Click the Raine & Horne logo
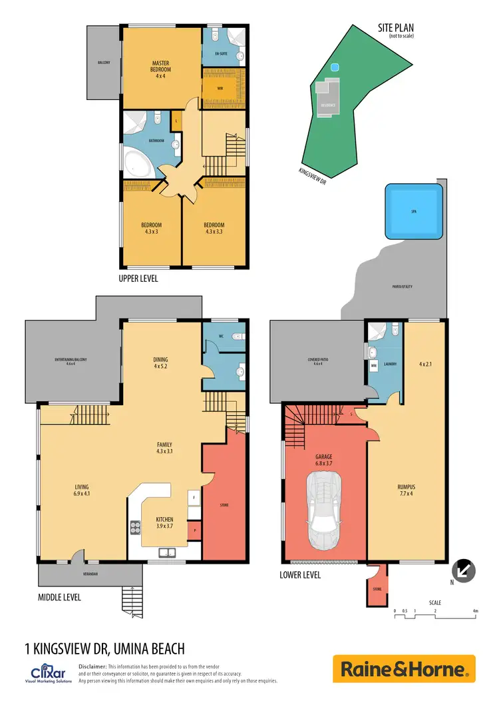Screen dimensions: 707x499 coord(404,669)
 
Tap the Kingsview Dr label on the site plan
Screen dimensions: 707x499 coord(313,175)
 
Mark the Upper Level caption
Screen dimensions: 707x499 coord(138,279)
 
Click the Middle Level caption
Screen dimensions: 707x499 coord(60,598)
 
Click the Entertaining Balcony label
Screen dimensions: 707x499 coord(71,361)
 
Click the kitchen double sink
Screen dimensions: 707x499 coord(167,552)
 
